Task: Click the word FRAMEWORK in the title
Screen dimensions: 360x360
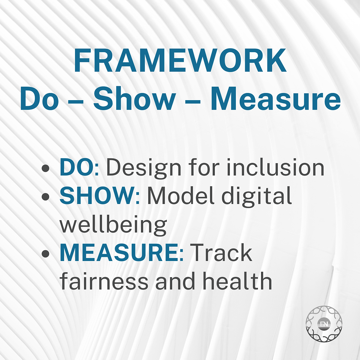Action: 180,60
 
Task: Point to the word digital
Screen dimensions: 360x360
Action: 256,196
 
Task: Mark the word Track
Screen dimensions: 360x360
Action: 221,252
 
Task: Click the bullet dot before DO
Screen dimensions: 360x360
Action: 46,168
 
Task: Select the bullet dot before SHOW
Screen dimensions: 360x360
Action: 46,196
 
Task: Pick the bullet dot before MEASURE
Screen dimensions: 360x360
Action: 46,253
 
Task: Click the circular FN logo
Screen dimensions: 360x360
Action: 324,324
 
